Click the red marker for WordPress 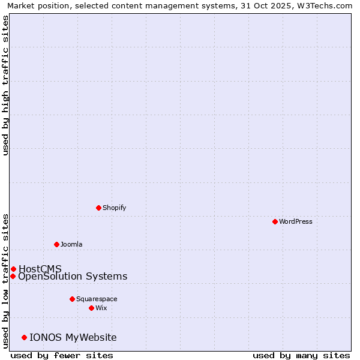(275, 221)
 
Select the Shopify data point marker (98, 208)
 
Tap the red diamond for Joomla (56, 244)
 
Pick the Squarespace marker (72, 299)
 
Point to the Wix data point (91, 308)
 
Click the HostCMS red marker (13, 269)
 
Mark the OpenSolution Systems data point (13, 276)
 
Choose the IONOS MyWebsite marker (24, 337)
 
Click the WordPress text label (296, 221)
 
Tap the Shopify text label (115, 208)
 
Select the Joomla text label (71, 244)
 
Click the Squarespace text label (97, 299)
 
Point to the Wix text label (101, 308)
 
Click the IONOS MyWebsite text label (73, 337)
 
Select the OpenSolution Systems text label (73, 276)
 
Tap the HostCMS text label (40, 269)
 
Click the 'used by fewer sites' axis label (62, 355)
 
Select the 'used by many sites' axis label (301, 355)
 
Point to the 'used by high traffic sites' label (6, 85)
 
